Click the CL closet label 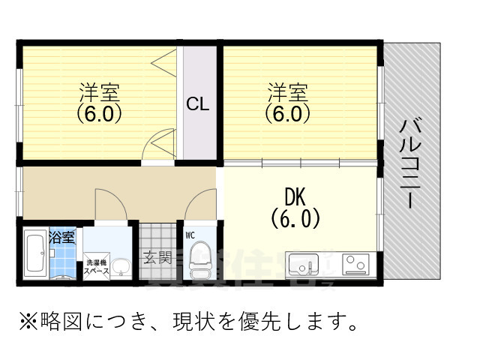point(198,103)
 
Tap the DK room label point(295,196)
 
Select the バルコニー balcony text point(409,163)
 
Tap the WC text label point(190,235)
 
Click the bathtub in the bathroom point(35,255)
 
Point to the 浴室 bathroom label point(61,238)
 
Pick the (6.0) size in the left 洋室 point(99,114)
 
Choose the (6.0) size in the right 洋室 point(286,114)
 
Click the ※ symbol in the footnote point(28,322)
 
